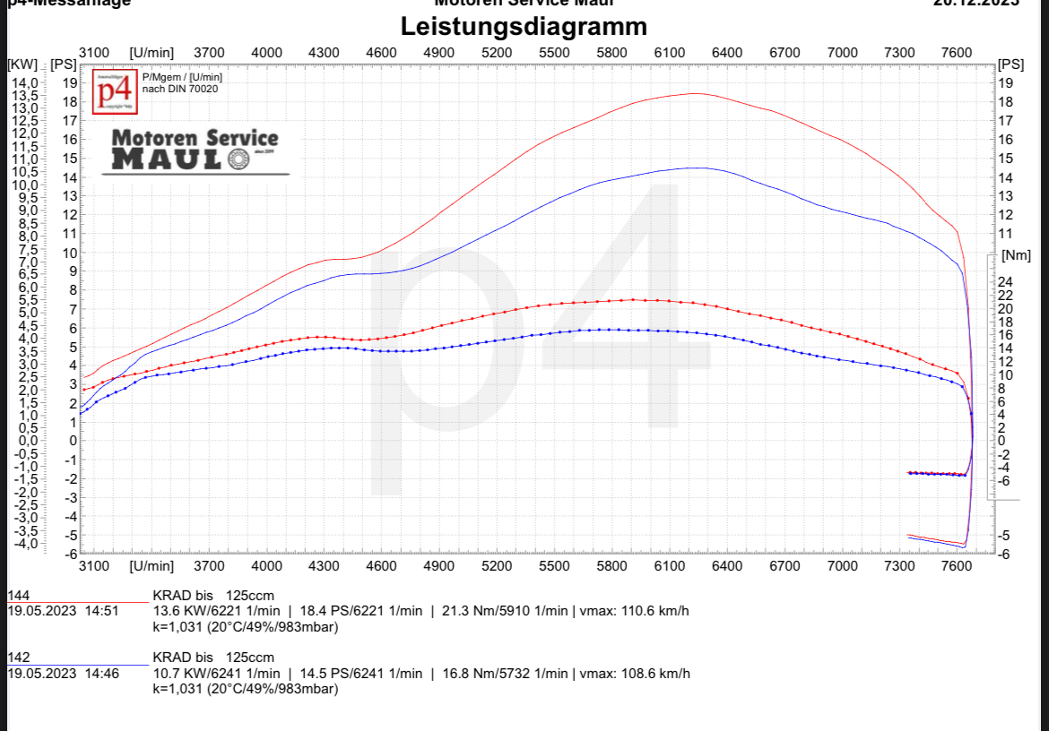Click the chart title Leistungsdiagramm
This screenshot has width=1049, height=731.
point(524,26)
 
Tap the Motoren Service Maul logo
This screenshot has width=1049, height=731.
point(195,150)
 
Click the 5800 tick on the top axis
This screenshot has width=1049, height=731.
point(611,53)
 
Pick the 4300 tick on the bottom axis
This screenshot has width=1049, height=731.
point(324,566)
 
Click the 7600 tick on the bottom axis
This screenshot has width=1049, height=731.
point(957,566)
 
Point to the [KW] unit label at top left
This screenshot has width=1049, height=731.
point(22,64)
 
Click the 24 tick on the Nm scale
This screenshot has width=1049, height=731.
point(1005,282)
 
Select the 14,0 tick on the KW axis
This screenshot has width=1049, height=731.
point(24,82)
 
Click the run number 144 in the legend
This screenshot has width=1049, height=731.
point(18,595)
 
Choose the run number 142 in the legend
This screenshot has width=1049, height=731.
point(18,658)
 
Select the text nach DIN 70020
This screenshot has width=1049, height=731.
point(180,89)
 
